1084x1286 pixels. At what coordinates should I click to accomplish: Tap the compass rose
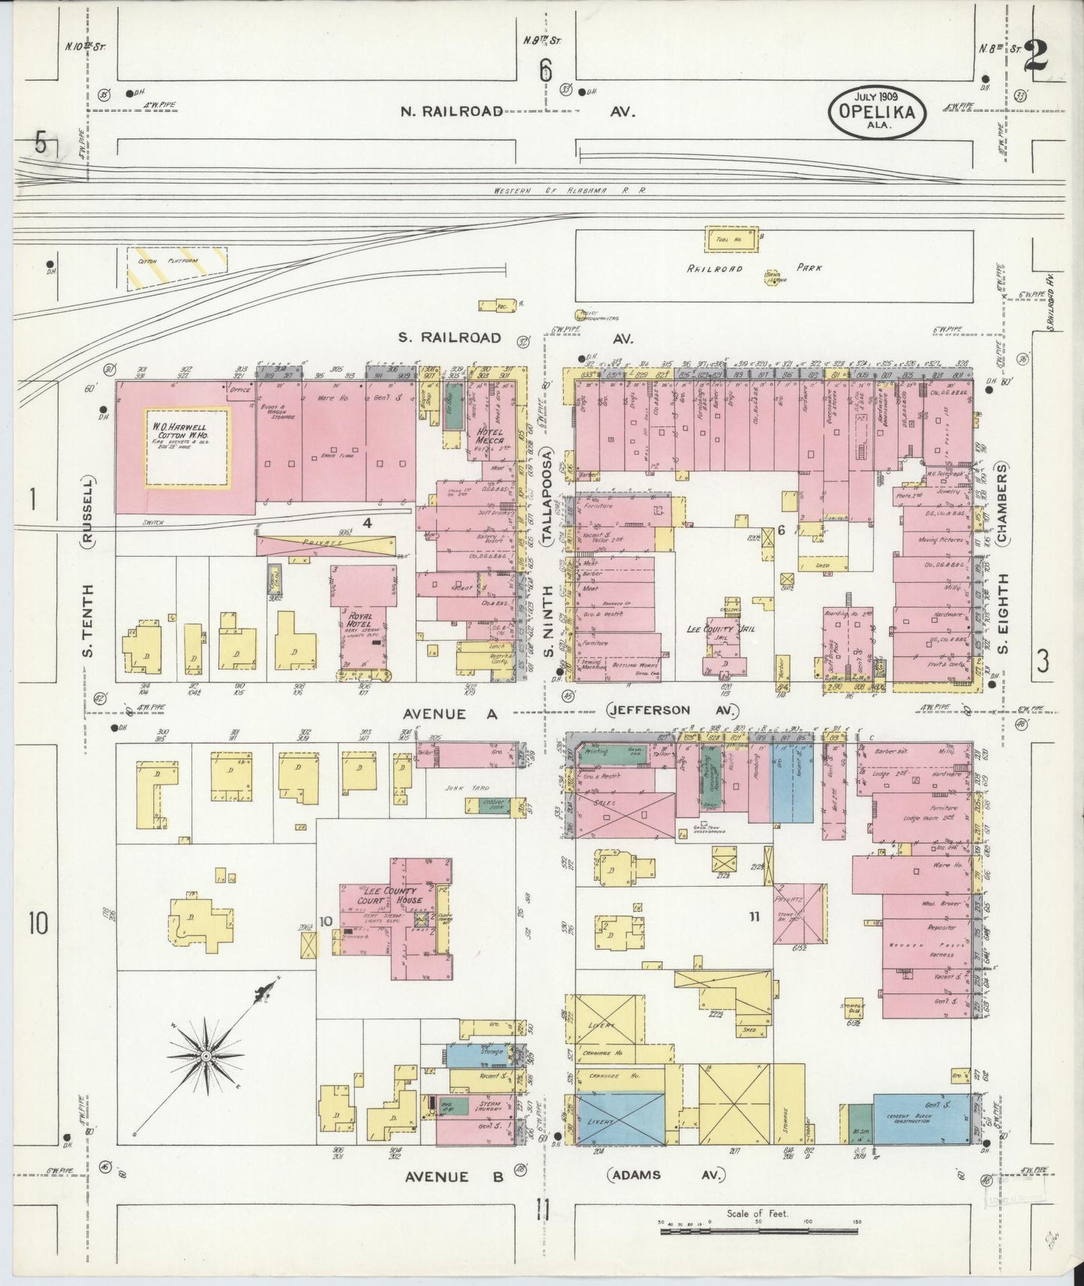coord(204,1056)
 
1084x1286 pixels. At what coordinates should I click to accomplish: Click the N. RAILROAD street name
coord(451,111)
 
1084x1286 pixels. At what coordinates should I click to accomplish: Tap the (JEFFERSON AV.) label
coord(673,711)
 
